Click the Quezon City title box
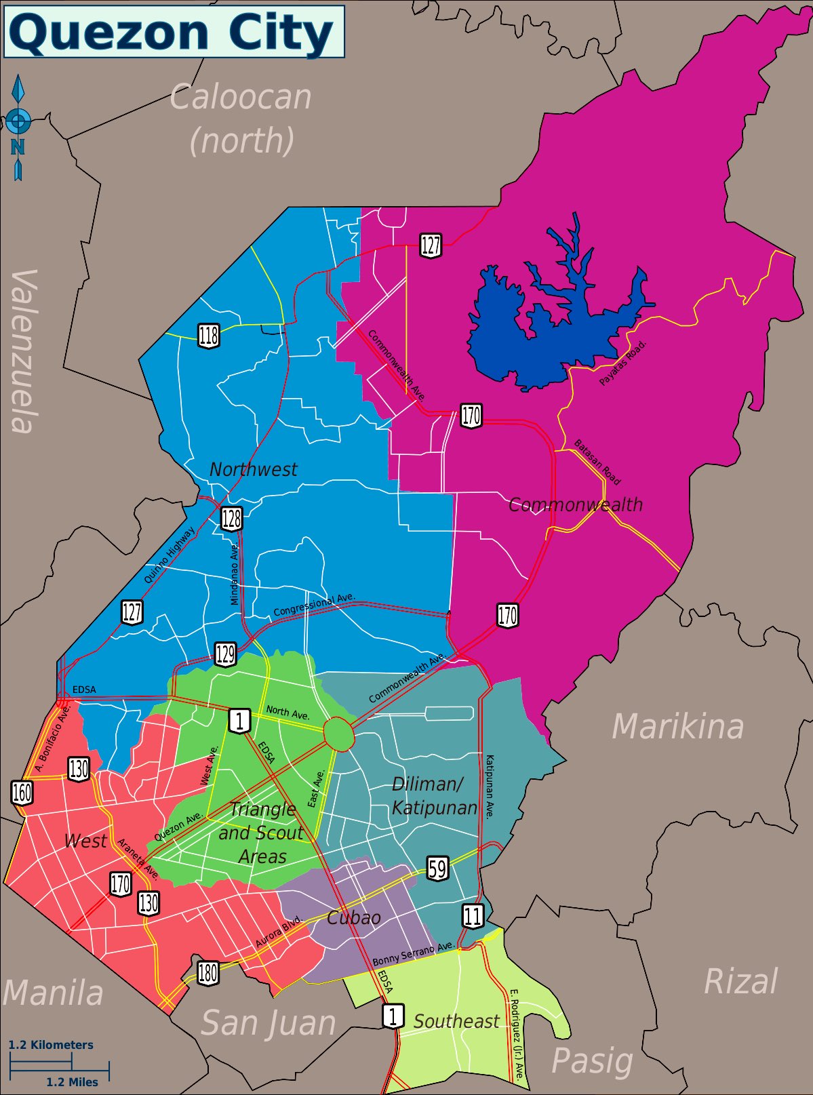click(x=174, y=32)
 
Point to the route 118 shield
click(x=209, y=336)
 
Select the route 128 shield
click(x=231, y=519)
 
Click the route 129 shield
click(x=225, y=654)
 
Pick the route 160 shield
click(x=22, y=792)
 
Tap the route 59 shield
click(x=437, y=869)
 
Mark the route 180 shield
click(x=207, y=973)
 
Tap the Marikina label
click(x=677, y=727)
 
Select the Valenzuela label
click(x=24, y=351)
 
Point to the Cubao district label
click(x=353, y=918)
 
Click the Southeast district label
click(x=456, y=1021)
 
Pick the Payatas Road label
click(x=623, y=363)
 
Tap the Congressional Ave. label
click(x=314, y=605)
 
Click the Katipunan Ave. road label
click(x=490, y=787)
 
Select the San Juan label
click(x=269, y=1023)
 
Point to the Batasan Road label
click(x=597, y=463)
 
